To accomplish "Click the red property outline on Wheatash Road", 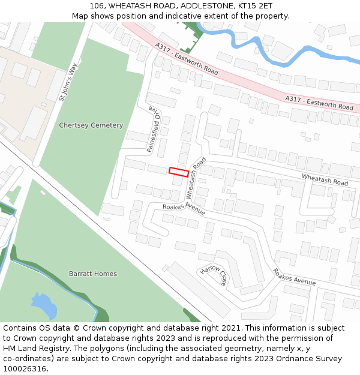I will coord(179,172).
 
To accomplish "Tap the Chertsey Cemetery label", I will coord(91,125).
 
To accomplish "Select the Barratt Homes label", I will coord(92,274).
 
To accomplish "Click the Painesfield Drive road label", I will coord(154,129).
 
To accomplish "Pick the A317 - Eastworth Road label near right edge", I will coord(319,103).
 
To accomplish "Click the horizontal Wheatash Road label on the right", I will coord(325,179).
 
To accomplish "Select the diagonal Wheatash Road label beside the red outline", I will coord(196,178).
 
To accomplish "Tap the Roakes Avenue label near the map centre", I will coord(184,209).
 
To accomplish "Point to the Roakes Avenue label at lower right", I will coord(294,277).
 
